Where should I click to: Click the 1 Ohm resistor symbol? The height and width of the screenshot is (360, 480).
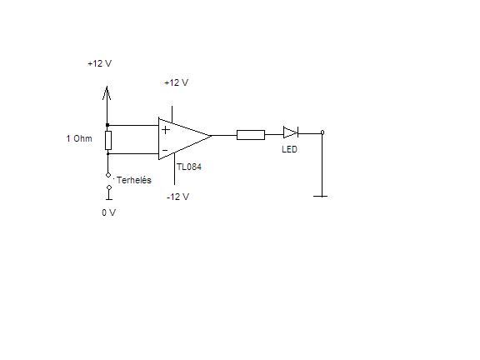coord(108,141)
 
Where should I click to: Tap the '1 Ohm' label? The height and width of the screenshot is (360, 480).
coord(79,138)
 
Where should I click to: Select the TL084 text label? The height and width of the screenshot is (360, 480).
coord(189,167)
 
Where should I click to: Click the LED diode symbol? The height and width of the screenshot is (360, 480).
coord(291,132)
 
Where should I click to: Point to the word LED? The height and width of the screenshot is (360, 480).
coord(290,149)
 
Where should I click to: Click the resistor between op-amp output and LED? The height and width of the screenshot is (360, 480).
coord(251,135)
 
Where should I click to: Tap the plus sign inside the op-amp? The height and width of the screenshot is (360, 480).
coord(166,130)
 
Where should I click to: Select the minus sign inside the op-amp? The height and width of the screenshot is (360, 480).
coord(165,150)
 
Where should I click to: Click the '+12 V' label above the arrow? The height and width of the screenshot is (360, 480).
coord(100,63)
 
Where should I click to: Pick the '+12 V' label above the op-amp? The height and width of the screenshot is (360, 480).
coord(177,82)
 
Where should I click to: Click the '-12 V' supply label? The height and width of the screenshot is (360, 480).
coord(177,197)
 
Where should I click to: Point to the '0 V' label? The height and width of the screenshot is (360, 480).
coord(108,212)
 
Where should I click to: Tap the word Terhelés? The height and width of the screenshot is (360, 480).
coord(134,180)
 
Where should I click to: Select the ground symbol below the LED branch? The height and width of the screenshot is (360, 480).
coord(321,196)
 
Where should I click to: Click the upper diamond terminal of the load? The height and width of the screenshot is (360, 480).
coord(108,175)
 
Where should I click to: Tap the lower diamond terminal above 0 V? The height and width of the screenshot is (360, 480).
coord(109,187)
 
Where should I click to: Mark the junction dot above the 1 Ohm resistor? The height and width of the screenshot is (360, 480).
coord(107,125)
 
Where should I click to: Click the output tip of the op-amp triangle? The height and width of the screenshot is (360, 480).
coord(212,135)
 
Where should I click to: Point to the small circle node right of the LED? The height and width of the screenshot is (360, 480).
coord(322,132)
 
